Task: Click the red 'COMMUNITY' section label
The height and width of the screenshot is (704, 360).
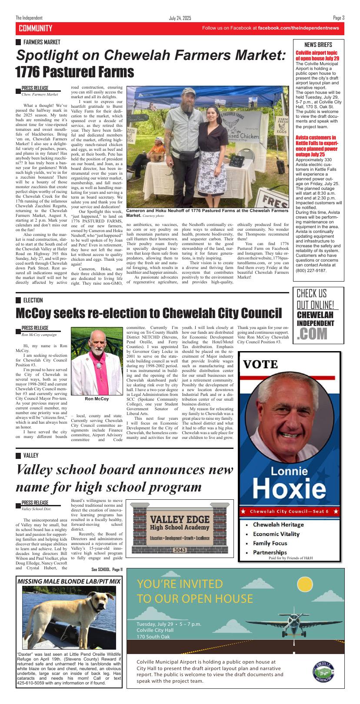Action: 35,28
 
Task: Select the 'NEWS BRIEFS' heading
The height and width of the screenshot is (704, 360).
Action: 318,45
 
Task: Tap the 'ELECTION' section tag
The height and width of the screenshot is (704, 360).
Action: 33,300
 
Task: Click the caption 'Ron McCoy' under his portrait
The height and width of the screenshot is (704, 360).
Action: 97,398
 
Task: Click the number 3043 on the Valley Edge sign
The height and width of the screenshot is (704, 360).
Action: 180,550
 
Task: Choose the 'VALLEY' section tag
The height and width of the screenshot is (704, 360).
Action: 30,455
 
